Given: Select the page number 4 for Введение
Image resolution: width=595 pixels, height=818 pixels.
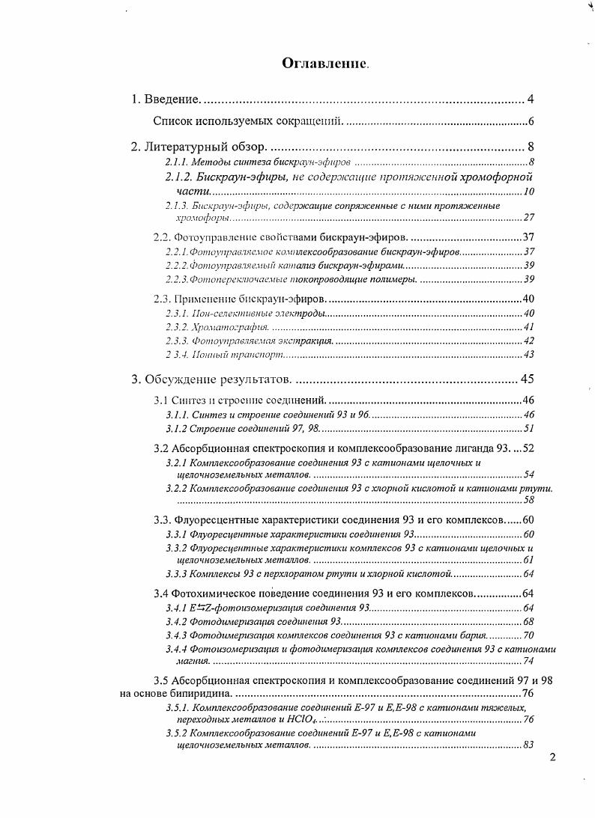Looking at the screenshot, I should [x=530, y=99].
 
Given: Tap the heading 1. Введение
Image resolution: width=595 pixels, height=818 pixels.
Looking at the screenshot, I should [x=165, y=99].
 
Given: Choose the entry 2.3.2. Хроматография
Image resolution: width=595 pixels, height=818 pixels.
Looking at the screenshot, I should [x=217, y=327].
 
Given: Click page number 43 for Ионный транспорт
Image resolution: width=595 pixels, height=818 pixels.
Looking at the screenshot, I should [x=528, y=354].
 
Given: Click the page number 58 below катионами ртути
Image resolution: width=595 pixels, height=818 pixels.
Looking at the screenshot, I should [x=528, y=500].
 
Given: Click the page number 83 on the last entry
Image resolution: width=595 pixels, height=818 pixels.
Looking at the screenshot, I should [x=528, y=745].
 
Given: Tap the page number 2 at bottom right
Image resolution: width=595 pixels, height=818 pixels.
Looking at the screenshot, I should [x=553, y=757].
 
